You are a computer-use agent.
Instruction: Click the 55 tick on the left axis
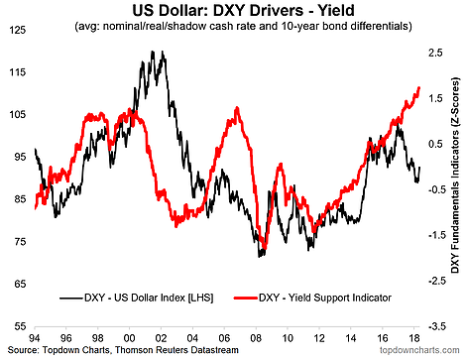pos(19,325)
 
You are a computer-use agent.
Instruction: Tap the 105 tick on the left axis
pos(17,115)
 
